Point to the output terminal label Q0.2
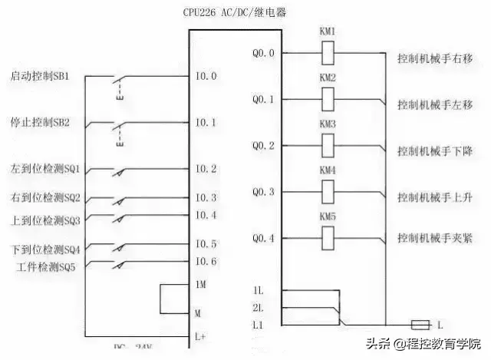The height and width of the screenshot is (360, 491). tap(268, 145)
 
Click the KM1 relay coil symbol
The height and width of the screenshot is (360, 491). tap(328, 53)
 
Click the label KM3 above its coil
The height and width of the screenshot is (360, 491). tap(328, 124)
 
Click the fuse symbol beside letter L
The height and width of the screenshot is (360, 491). tap(420, 324)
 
